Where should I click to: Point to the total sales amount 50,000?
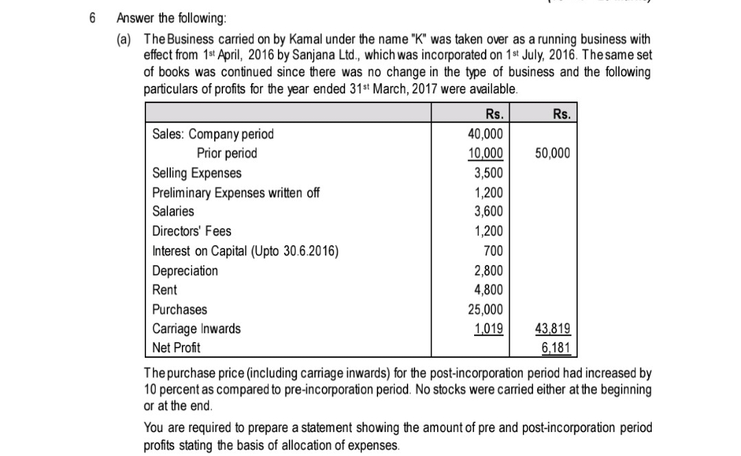pyautogui.click(x=552, y=153)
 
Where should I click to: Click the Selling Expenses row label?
pyautogui.click(x=196, y=173)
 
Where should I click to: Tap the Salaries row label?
pyautogui.click(x=173, y=212)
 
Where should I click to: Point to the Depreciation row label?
pyautogui.click(x=185, y=271)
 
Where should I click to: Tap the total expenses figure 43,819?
pyautogui.click(x=552, y=329)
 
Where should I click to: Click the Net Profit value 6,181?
pyautogui.click(x=555, y=347)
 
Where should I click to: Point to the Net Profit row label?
pyautogui.click(x=176, y=347)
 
